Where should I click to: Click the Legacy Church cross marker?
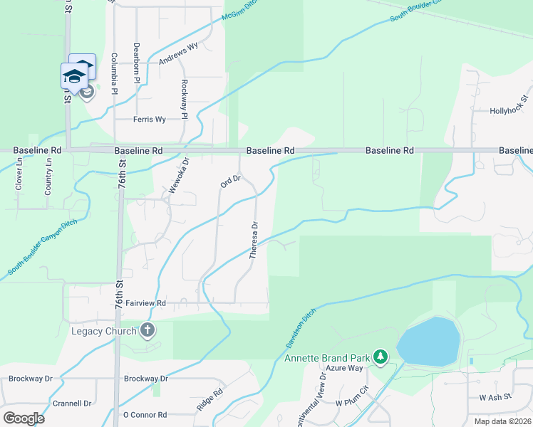point(148,330)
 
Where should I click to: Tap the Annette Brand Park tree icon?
point(381,356)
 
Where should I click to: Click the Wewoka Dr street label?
point(178,176)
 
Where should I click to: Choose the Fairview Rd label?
point(145,303)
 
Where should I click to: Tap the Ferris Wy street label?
point(150,120)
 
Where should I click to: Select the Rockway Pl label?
point(184,98)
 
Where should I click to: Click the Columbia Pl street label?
point(114,71)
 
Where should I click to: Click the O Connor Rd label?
point(145,415)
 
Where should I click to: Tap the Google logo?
point(24,418)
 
